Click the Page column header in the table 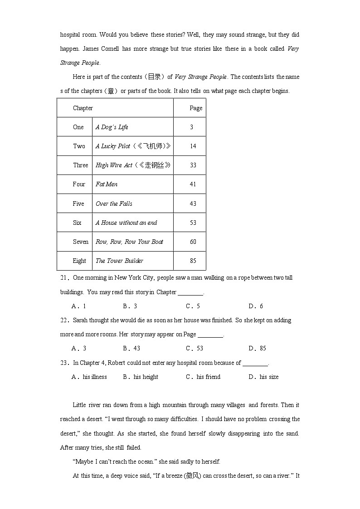coord(196,108)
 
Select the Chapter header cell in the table coord(83,108)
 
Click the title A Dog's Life coord(112,127)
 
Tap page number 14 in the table coord(193,146)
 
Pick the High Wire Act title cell coord(133,165)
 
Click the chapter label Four coord(79,184)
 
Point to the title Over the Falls coord(114,204)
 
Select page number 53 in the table coord(193,223)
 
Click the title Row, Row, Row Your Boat coord(129,242)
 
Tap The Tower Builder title coord(119,261)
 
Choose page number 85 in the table coord(193,261)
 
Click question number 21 coord(64,277)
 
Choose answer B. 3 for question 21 coord(130,306)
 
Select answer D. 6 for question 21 coord(256,306)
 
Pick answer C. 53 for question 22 coord(195,348)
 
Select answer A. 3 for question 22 coord(79,348)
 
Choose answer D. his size coord(264,377)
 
